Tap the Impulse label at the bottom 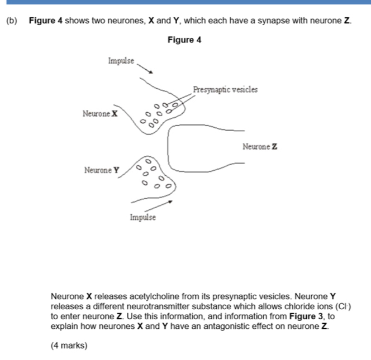coord(143,217)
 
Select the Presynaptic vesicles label coord(225,89)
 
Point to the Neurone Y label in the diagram coord(102,170)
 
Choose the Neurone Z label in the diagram coord(260,147)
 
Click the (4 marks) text coord(69,345)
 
